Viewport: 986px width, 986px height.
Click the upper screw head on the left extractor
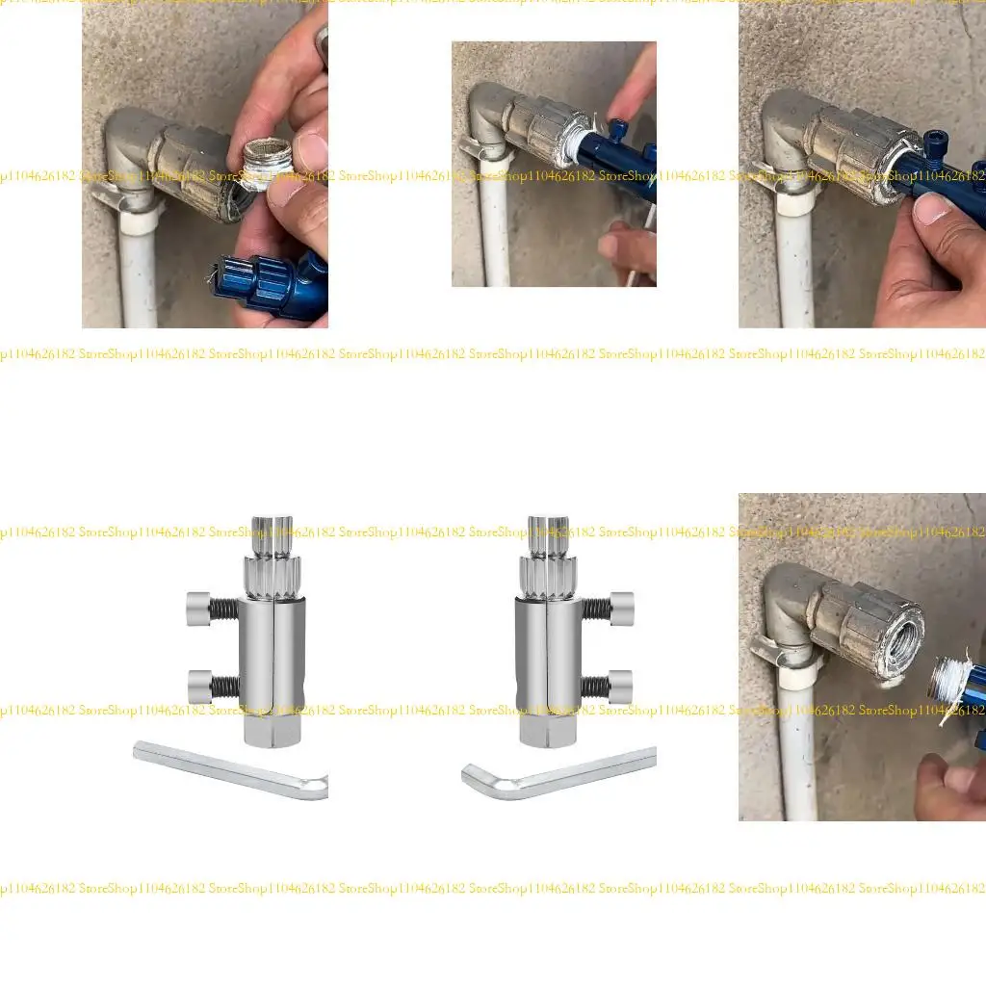199,609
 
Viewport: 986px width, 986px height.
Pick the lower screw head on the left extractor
199,687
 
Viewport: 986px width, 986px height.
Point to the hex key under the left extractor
231,770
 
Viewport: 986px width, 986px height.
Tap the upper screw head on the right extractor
621,609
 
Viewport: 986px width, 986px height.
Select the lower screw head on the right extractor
621,686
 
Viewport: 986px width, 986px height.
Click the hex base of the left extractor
271,730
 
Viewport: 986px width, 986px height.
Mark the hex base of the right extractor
546,730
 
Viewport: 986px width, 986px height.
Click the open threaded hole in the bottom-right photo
897,656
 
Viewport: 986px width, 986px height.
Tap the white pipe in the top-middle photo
495,231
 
